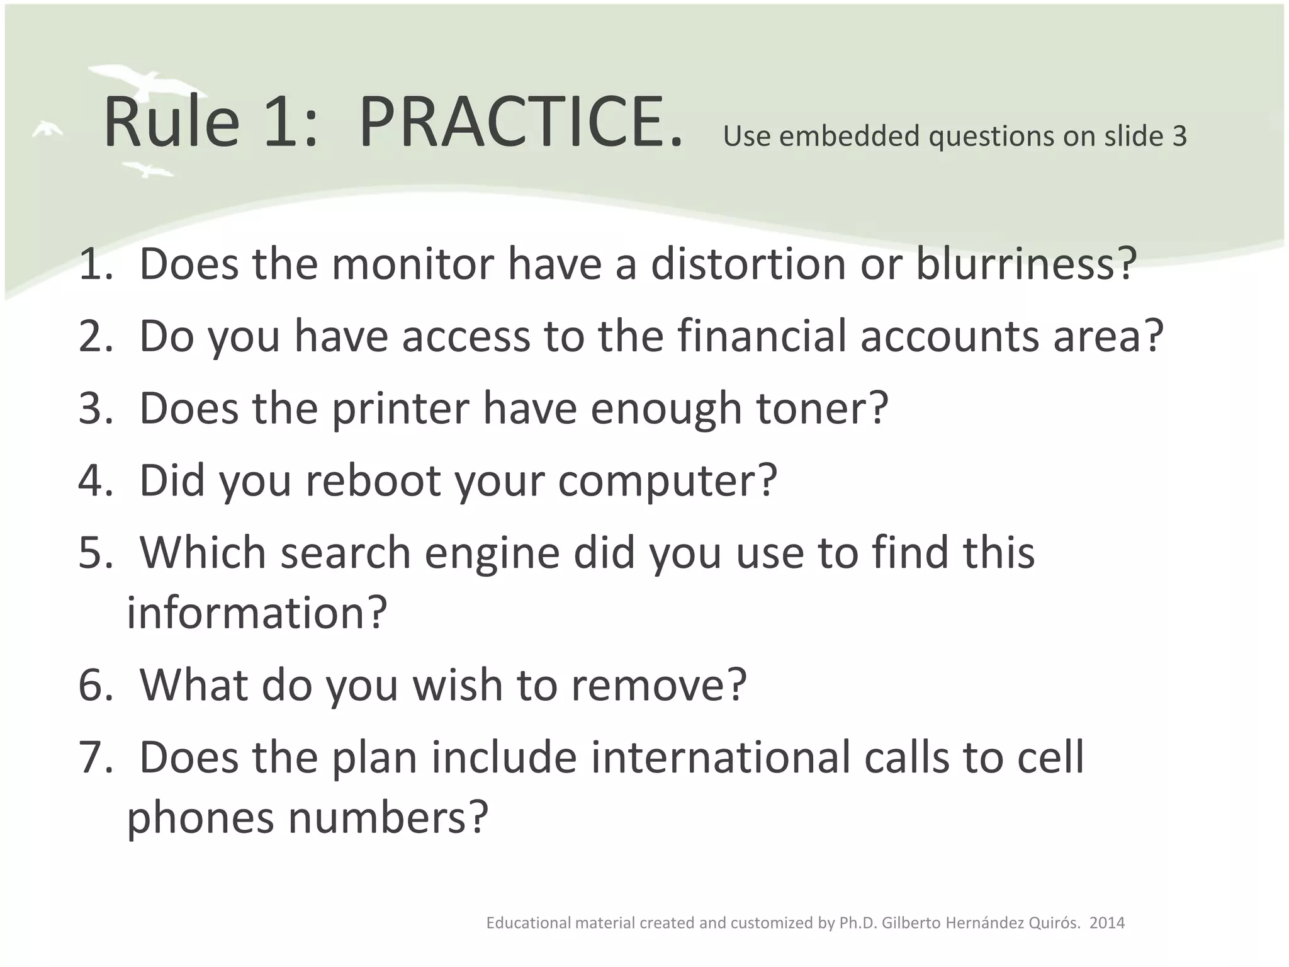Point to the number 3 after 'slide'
(x=1179, y=137)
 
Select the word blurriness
(x=1026, y=264)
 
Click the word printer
(x=400, y=409)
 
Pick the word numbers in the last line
(x=388, y=818)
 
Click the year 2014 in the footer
(x=1107, y=923)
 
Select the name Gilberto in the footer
(x=909, y=923)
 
